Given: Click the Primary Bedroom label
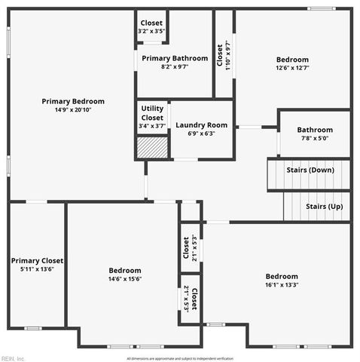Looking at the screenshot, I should tap(73, 101).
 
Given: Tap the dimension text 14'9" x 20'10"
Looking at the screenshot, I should tap(73, 110).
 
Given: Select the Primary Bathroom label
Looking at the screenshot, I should tap(174, 58).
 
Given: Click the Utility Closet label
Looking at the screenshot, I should tap(152, 113).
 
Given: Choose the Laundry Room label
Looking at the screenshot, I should tap(201, 124).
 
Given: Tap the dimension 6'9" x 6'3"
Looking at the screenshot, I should tap(201, 133).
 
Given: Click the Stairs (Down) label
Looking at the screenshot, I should tap(310, 170).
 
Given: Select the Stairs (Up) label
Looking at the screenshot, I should tap(325, 206).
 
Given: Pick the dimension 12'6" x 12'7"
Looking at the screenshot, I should tap(292, 68).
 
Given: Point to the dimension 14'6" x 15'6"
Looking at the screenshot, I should tap(125, 279).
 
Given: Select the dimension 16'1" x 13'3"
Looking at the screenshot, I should tap(282, 285).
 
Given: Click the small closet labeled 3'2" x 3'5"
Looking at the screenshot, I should tap(151, 27).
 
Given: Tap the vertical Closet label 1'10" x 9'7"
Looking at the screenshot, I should tap(224, 57).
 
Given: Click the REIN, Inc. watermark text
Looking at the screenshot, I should tap(13, 358).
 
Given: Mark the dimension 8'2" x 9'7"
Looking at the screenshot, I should tap(174, 66).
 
